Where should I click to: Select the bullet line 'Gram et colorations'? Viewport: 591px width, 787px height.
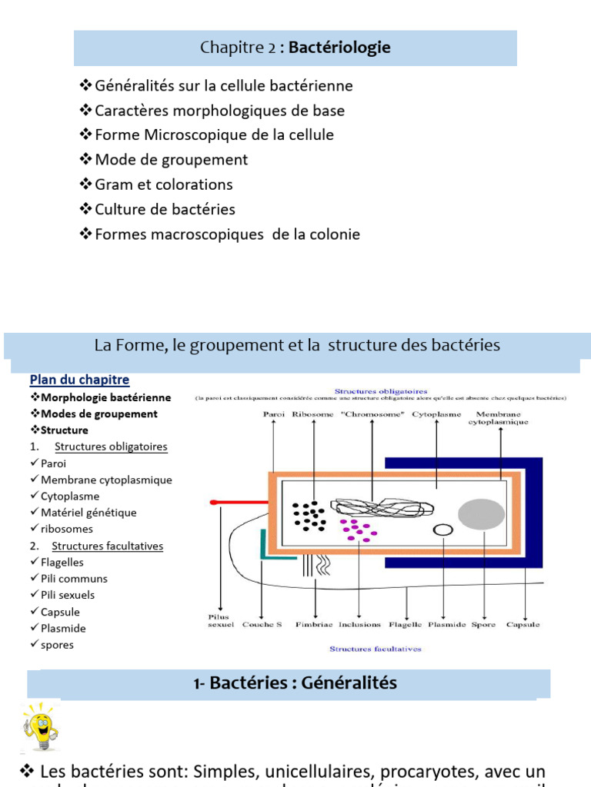163,184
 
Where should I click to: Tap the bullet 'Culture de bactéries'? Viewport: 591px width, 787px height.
165,209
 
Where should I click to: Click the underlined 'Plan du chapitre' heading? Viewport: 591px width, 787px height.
79,380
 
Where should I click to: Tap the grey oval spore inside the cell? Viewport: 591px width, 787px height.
482,513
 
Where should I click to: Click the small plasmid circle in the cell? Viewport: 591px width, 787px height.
442,530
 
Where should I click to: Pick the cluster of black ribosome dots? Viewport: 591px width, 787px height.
309,515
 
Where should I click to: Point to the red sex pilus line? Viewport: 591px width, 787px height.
239,502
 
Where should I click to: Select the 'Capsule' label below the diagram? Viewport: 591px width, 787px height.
523,625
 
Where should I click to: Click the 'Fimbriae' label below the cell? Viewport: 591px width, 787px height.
312,625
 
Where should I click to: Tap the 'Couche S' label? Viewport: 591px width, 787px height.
262,625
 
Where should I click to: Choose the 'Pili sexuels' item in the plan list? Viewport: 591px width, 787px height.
68,595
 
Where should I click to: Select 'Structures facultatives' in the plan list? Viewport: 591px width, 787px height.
107,546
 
